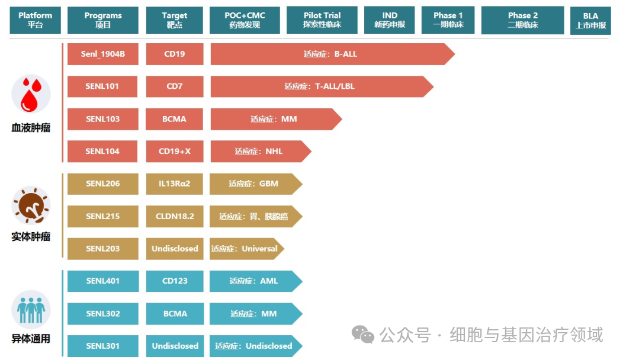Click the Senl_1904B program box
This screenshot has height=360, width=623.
point(103,54)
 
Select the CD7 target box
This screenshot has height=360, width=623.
point(175,86)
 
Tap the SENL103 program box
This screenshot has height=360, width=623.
point(103,119)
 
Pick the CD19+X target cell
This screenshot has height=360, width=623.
point(175,151)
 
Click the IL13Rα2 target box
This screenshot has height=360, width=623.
point(175,184)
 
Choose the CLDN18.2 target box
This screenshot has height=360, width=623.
point(175,216)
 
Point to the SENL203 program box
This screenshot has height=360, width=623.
point(103,249)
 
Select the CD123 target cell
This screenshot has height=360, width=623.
point(175,281)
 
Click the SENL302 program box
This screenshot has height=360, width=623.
point(103,313)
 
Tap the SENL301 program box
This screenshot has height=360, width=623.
point(103,346)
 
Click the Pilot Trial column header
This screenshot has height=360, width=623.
point(322,20)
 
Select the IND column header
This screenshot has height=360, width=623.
point(390,20)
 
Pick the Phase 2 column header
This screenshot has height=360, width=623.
point(522,20)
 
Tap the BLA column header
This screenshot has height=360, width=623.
point(590,20)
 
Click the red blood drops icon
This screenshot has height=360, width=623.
point(31,95)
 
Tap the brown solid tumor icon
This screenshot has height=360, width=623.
point(31,205)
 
